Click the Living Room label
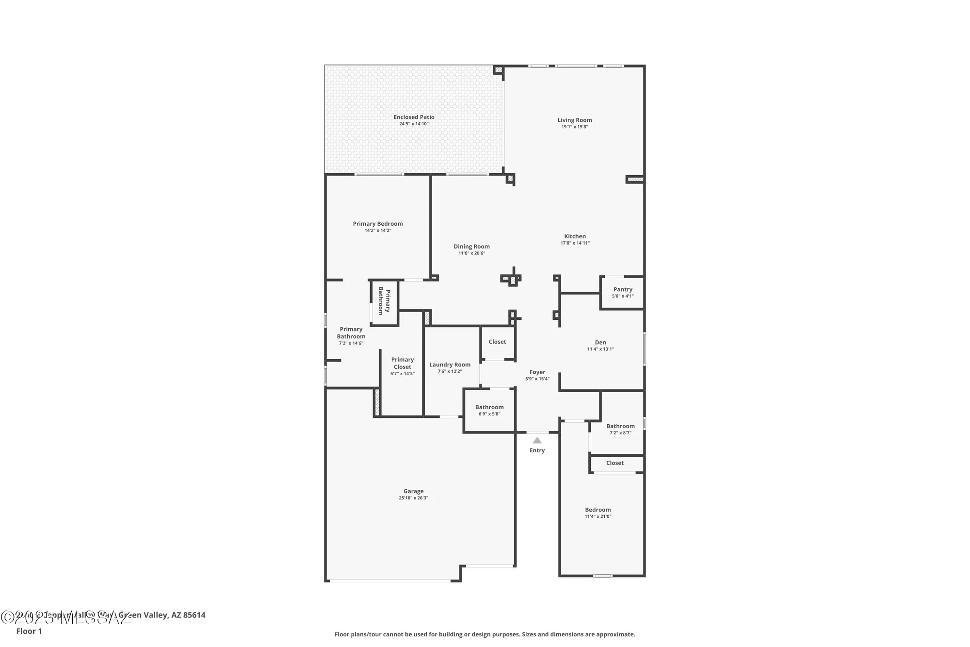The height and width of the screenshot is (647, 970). [574, 120]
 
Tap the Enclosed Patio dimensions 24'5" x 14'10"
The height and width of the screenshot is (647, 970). [414, 124]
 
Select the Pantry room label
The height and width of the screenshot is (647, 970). [623, 289]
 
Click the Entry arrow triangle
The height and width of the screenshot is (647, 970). [537, 440]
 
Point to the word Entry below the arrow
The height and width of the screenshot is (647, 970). [537, 450]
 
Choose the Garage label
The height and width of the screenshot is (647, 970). [413, 491]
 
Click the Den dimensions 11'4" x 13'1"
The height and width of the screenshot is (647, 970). [600, 349]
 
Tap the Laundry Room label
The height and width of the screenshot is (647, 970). [450, 365]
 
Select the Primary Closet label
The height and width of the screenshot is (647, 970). [403, 363]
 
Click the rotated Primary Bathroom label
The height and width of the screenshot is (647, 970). [384, 301]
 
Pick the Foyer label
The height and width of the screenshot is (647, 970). [537, 372]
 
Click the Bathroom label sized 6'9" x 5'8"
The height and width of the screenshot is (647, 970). [489, 407]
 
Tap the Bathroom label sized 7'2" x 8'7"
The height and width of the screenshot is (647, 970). [620, 426]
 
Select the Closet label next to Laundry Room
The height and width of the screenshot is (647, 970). [497, 342]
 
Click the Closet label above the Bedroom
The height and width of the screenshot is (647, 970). [614, 463]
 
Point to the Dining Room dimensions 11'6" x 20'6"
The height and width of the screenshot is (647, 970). [471, 253]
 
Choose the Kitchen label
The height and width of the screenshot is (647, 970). [575, 236]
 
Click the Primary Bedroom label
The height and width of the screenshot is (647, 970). [378, 224]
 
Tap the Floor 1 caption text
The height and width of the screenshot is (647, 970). [29, 631]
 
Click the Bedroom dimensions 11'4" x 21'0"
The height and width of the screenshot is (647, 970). [598, 516]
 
